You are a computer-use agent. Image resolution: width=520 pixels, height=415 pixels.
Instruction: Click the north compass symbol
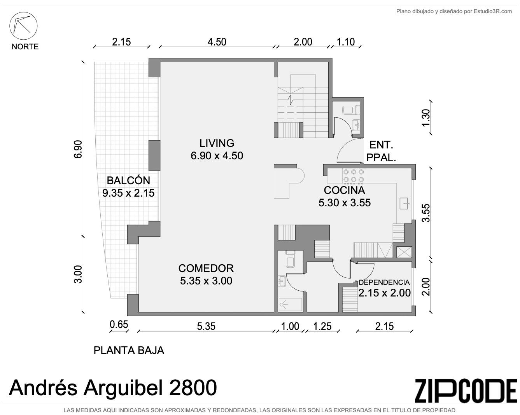click(23, 26)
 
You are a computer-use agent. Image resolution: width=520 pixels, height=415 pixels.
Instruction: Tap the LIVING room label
click(217, 143)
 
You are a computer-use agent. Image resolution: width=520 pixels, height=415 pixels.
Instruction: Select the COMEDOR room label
click(206, 268)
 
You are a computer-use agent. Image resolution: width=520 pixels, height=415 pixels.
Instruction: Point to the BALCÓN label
click(128, 180)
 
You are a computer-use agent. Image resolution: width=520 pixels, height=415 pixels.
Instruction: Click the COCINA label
click(344, 190)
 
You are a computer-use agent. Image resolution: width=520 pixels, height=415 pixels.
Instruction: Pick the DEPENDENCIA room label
click(384, 282)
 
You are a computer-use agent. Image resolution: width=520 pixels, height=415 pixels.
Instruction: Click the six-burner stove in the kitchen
click(354, 176)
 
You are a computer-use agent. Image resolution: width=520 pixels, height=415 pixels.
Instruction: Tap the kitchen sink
click(404, 203)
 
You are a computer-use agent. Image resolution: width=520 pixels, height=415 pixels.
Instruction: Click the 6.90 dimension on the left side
click(78, 149)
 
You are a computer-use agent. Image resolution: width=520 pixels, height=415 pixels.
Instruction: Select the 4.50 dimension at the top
click(217, 42)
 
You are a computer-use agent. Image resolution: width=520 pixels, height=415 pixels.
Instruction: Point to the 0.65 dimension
click(119, 324)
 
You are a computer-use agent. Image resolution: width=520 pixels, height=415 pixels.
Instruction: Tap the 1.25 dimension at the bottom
click(322, 326)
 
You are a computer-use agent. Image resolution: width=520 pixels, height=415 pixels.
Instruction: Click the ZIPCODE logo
click(466, 394)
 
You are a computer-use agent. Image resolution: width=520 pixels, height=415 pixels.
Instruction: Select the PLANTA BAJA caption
click(129, 350)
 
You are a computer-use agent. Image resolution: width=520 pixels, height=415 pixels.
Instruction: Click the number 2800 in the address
click(193, 388)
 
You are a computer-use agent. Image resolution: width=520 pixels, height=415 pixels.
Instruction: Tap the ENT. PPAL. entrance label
click(381, 152)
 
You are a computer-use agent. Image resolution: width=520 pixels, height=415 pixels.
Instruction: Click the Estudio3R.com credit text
click(454, 11)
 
